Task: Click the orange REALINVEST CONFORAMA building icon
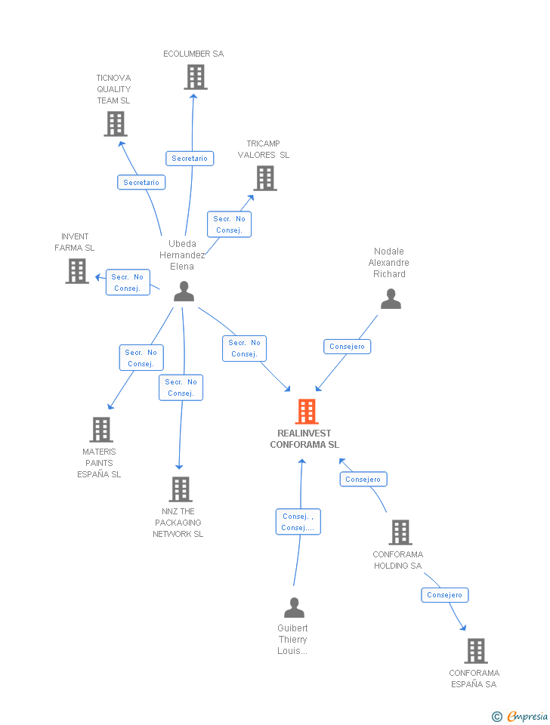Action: pos(307,411)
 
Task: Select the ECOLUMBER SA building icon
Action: pos(195,77)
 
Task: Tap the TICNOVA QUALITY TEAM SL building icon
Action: pos(115,124)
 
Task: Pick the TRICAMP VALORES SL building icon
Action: pos(265,178)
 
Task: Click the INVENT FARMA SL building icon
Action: pos(77,270)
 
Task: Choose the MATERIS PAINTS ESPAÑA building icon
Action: pos(100,430)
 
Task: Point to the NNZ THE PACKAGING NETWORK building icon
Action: pos(181,489)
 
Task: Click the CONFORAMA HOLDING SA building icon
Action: pos(400,532)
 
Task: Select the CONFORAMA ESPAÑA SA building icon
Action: pos(475,650)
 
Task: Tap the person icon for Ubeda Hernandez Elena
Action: pos(184,292)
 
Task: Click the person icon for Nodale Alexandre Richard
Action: pos(391,299)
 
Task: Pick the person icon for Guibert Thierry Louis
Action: pos(294,607)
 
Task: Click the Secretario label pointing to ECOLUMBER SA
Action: pos(190,158)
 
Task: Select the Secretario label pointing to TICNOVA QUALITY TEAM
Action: pos(141,182)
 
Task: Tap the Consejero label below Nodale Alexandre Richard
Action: pos(347,347)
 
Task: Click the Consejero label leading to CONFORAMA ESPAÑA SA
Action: pos(444,594)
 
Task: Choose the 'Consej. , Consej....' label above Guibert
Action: pos(298,522)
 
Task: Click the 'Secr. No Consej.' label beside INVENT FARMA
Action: pos(128,282)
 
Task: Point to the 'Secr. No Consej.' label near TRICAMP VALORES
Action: pos(229,224)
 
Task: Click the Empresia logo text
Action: pos(527,716)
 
